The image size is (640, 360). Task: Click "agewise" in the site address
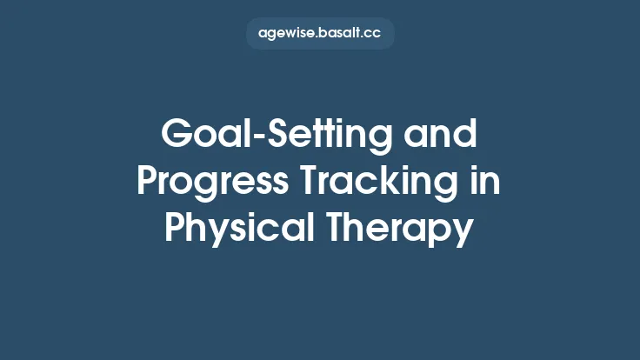[288, 34]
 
